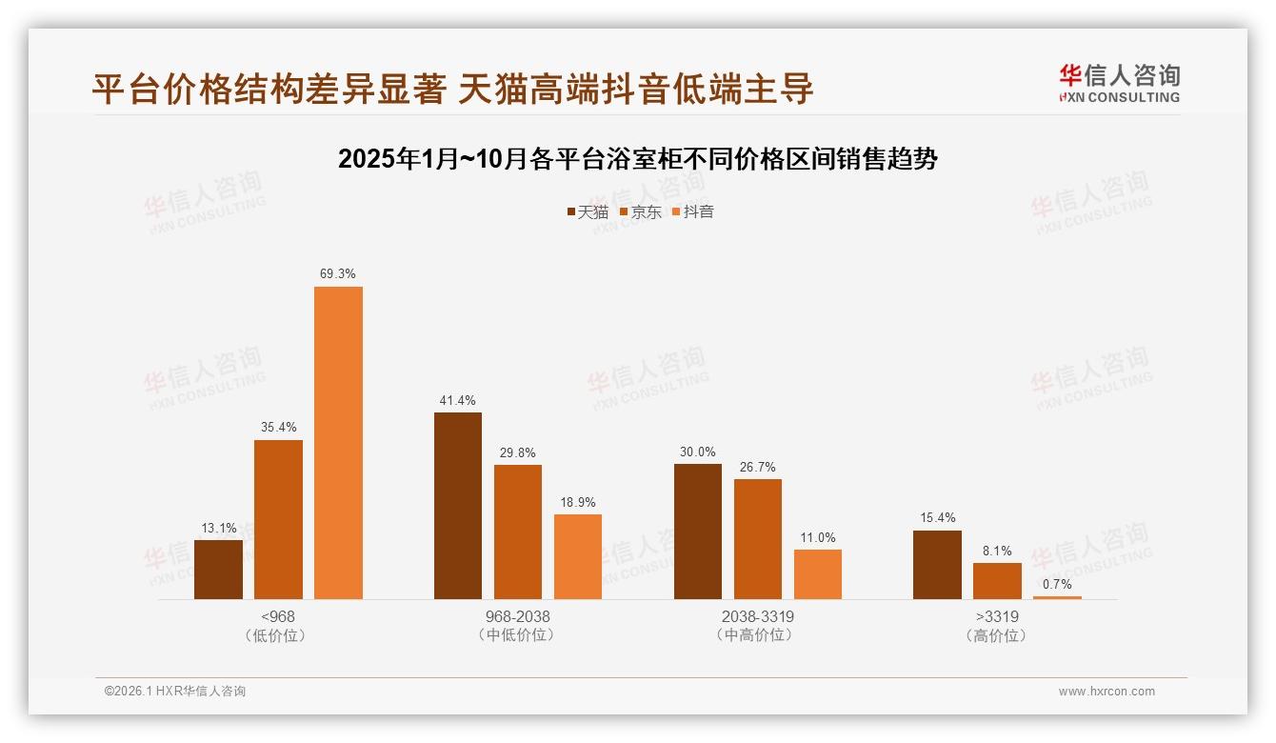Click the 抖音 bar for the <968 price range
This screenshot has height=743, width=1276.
tap(338, 443)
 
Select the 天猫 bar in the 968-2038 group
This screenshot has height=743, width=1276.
tap(458, 506)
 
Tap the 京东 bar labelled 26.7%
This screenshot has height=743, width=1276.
tap(757, 539)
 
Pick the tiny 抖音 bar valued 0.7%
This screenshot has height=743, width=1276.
tap(1057, 597)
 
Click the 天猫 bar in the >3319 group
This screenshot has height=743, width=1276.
tap(937, 565)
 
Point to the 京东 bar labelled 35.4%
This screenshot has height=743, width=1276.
tap(278, 519)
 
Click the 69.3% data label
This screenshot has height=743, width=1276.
tap(338, 274)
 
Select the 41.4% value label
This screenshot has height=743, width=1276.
tap(458, 400)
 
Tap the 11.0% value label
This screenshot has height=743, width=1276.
tap(818, 538)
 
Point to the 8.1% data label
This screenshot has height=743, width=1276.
tap(997, 552)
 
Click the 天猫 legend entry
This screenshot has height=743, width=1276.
tap(588, 212)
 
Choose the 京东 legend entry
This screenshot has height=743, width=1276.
tap(641, 212)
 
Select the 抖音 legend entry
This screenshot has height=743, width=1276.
tap(693, 212)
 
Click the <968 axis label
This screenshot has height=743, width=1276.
tap(278, 617)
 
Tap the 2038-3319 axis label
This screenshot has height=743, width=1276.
tap(757, 617)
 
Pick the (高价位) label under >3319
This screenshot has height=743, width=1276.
tap(996, 635)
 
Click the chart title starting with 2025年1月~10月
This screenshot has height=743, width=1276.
tap(638, 159)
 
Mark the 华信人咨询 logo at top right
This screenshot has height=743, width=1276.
tap(1120, 83)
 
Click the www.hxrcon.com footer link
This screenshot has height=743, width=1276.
tap(1107, 692)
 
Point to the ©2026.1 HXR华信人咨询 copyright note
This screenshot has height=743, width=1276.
tap(175, 692)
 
